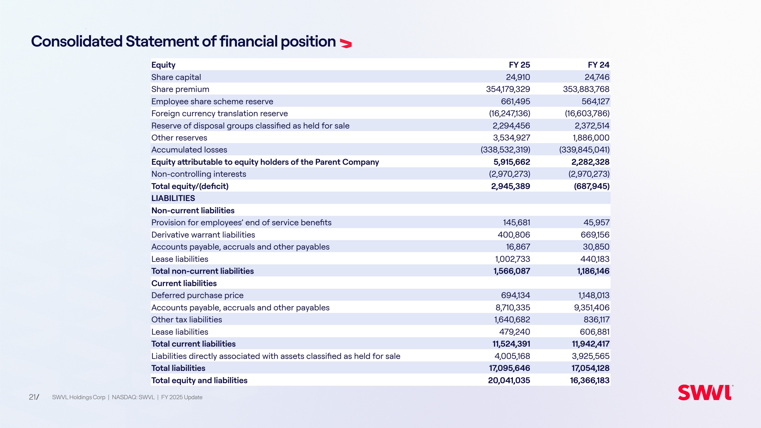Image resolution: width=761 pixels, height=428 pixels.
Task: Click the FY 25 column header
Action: coord(519,65)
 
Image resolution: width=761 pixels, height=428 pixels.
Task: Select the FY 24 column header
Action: coord(599,65)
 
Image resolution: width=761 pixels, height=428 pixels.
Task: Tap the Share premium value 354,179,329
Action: coord(508,89)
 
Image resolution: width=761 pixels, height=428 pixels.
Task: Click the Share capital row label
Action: coord(176,77)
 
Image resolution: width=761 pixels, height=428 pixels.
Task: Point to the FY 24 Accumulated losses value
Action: coord(584,150)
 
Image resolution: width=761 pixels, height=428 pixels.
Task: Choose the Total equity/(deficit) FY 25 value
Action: coord(510,186)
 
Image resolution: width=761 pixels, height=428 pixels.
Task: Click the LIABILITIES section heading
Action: coord(173,198)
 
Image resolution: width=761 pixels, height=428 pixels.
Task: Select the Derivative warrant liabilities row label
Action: coord(203,235)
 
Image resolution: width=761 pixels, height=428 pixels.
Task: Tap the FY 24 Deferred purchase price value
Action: coord(594,295)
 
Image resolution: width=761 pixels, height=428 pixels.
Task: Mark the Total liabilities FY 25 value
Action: coord(510,368)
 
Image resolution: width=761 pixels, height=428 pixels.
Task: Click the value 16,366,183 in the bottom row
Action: coord(590,380)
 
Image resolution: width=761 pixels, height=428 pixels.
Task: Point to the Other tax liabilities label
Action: coord(187,320)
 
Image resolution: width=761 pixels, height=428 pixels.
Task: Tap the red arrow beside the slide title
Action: coord(346,43)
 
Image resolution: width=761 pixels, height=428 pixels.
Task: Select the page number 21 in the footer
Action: coord(33,397)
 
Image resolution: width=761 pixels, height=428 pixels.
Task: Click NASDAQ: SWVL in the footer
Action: coord(133,397)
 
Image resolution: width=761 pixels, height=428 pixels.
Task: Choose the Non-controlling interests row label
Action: coord(199,174)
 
